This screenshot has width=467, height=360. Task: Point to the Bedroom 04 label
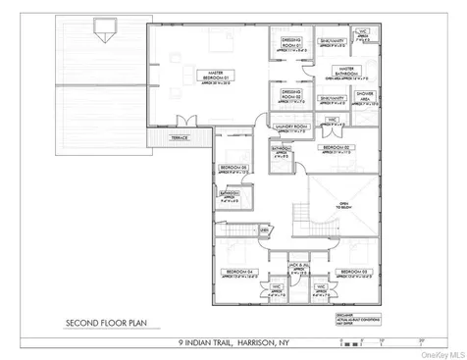(x=235, y=272)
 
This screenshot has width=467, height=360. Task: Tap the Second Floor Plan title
(x=105, y=321)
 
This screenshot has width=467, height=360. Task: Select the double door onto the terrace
(x=178, y=122)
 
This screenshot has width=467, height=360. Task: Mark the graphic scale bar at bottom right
(x=378, y=338)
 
